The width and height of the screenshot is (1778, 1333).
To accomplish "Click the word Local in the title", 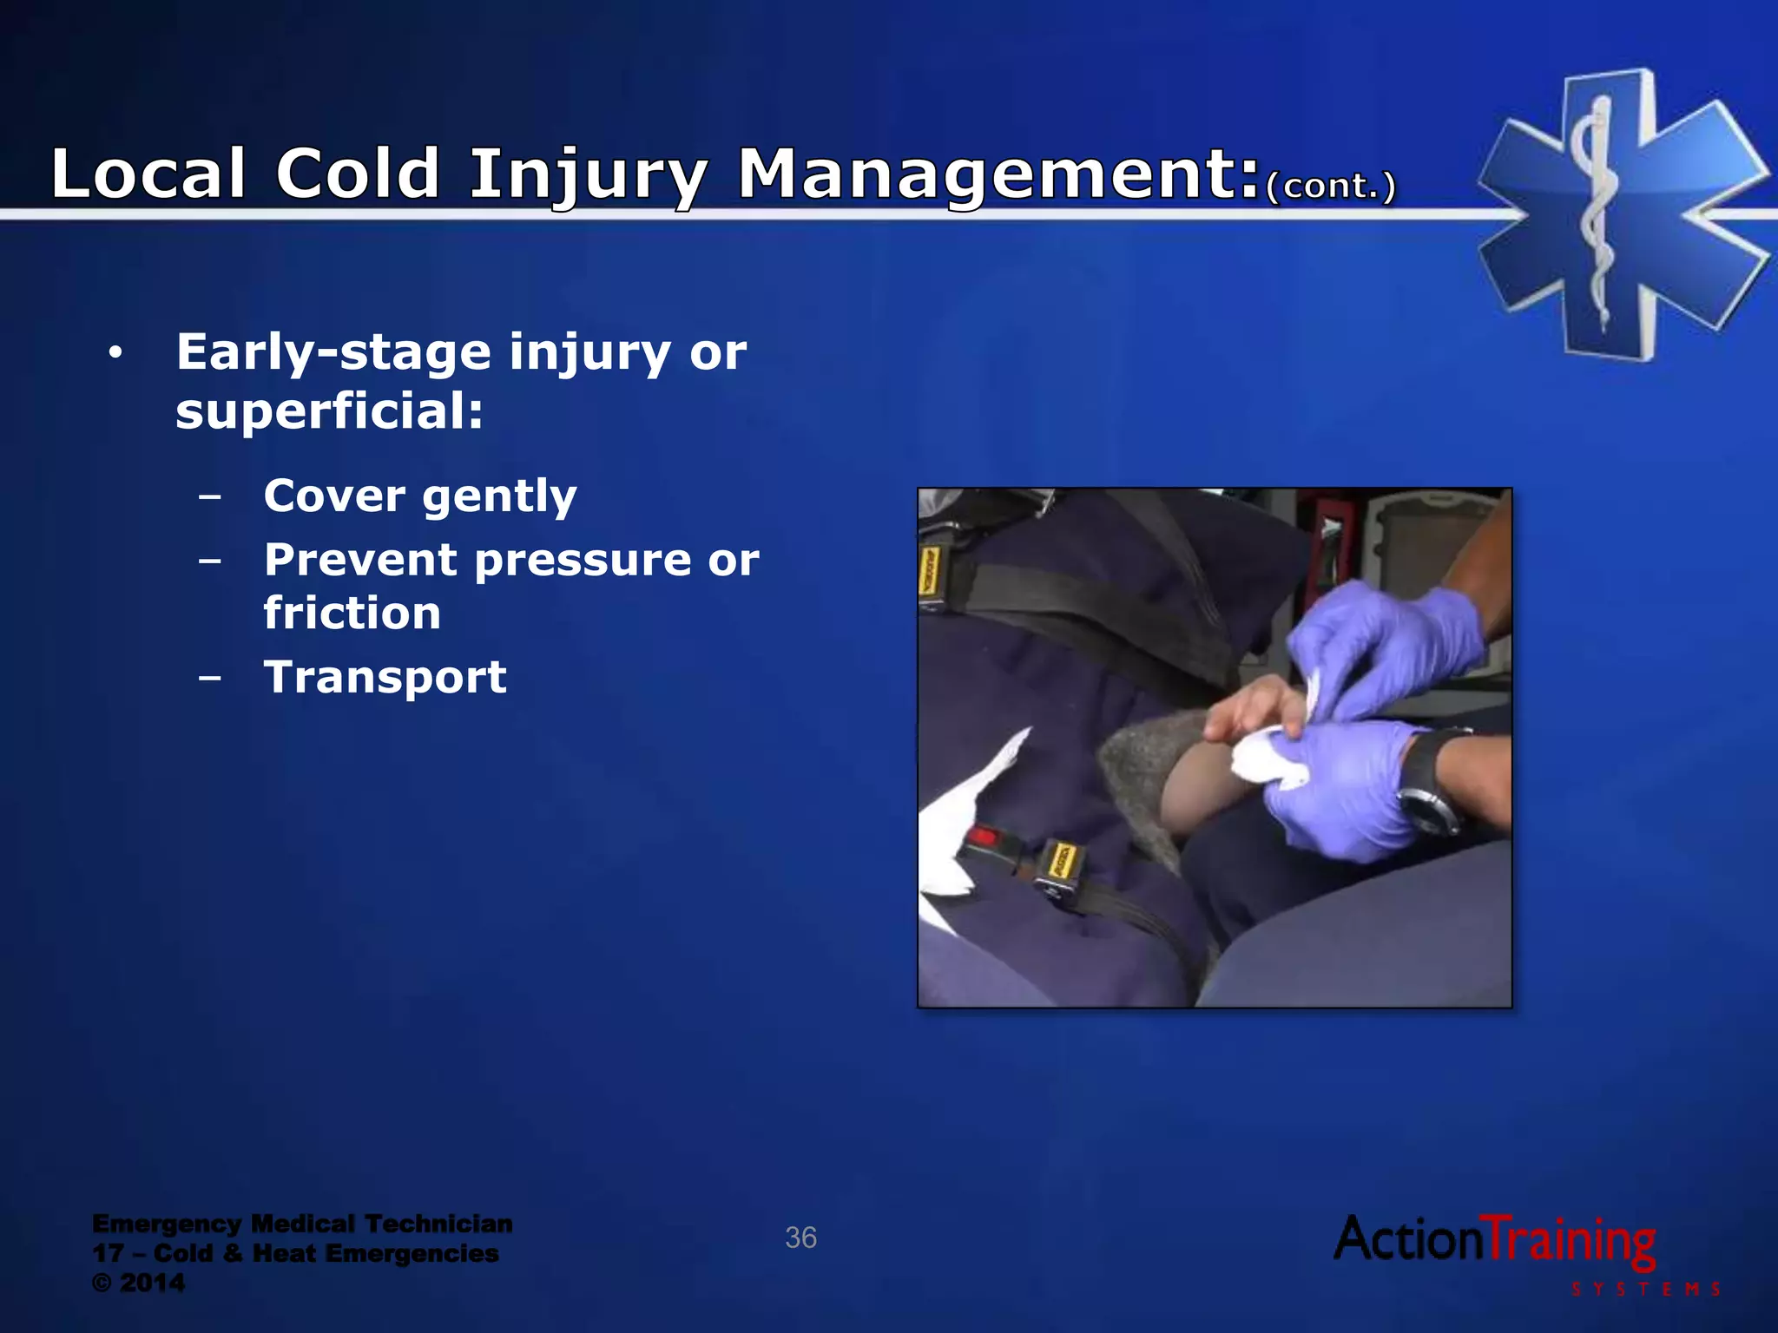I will coord(148,174).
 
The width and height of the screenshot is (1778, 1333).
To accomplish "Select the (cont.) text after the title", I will coord(1330,186).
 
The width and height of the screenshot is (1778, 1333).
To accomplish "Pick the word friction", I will coord(352,614).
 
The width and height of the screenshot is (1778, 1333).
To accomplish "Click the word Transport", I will coord(385,678).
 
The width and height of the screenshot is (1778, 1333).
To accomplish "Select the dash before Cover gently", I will coord(209,497).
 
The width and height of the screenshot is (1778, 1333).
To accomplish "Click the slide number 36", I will coord(800,1238).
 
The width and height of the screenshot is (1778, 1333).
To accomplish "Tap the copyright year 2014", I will coord(152,1283).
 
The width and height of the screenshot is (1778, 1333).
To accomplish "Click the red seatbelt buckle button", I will coord(982,837).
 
